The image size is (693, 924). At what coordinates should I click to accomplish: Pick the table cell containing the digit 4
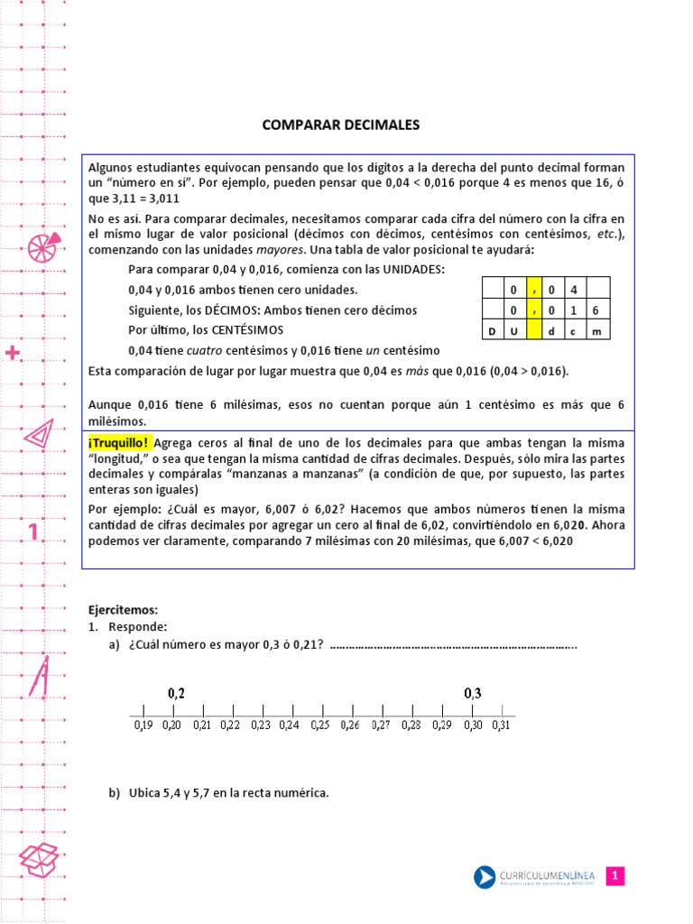[x=574, y=290]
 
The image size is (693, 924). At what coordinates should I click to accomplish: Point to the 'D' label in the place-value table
[x=492, y=332]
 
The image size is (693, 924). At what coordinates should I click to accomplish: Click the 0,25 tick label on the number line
[x=320, y=724]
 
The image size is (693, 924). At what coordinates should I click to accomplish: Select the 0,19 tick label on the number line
[x=143, y=724]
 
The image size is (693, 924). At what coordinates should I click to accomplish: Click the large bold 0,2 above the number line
[x=176, y=693]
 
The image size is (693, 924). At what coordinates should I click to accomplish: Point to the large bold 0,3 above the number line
[x=473, y=693]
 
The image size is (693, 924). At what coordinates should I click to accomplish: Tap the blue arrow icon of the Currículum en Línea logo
[x=485, y=876]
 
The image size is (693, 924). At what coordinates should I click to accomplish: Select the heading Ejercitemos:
[x=123, y=610]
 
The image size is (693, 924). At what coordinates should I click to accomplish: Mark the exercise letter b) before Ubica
[x=114, y=793]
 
